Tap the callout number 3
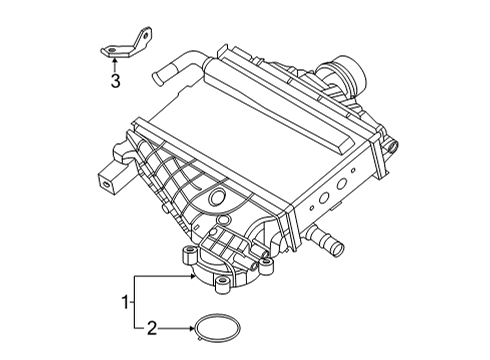115,82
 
